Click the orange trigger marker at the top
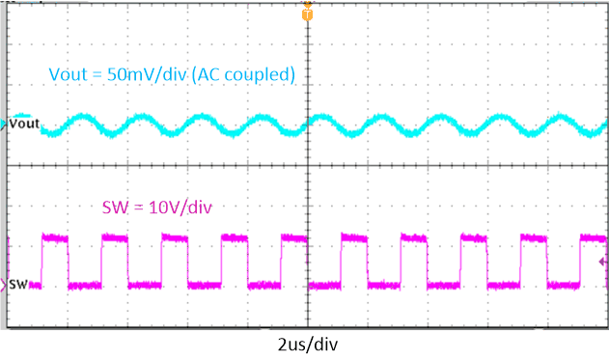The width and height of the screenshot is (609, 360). (307, 14)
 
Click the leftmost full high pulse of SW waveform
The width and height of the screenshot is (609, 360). (56, 236)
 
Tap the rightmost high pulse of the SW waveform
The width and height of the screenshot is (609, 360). (593, 236)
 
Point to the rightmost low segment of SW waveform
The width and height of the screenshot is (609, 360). (564, 285)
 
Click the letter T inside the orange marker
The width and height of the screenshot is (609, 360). (307, 14)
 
